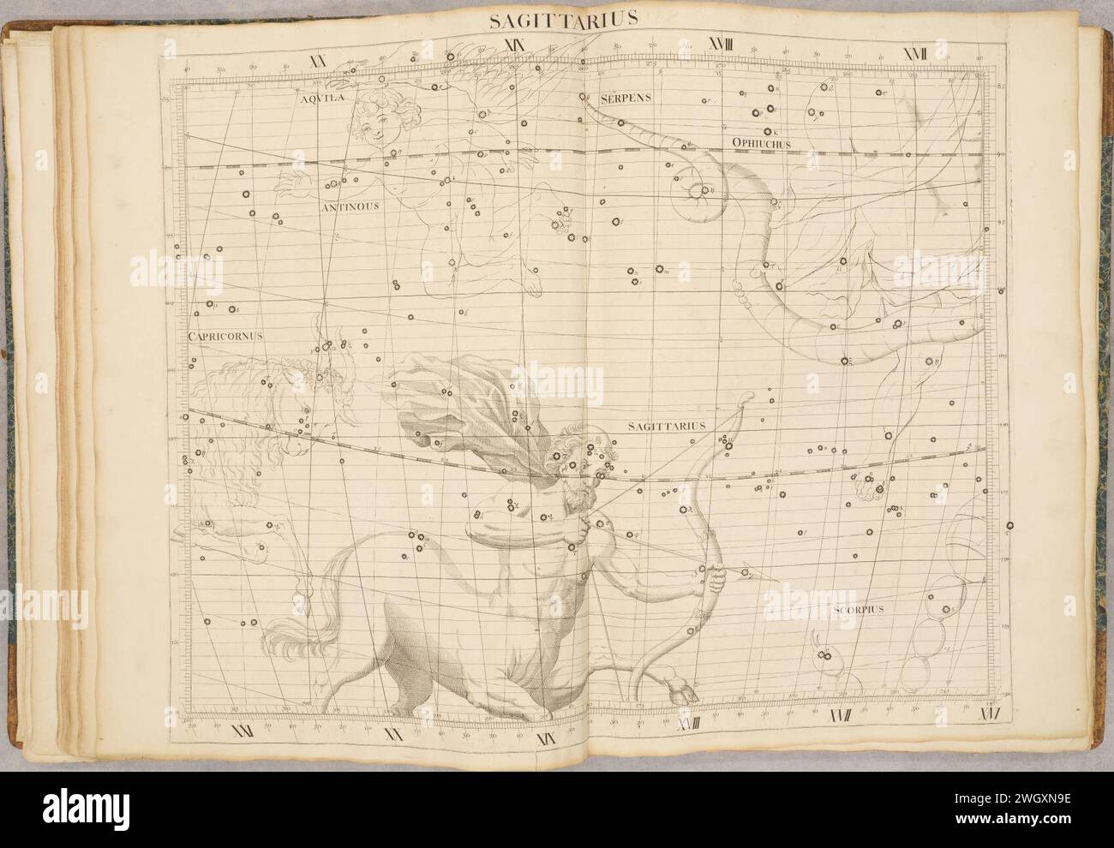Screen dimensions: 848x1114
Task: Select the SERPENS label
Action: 626,98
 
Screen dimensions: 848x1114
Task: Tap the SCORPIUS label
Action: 858,610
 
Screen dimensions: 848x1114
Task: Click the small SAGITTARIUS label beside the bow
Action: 665,425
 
